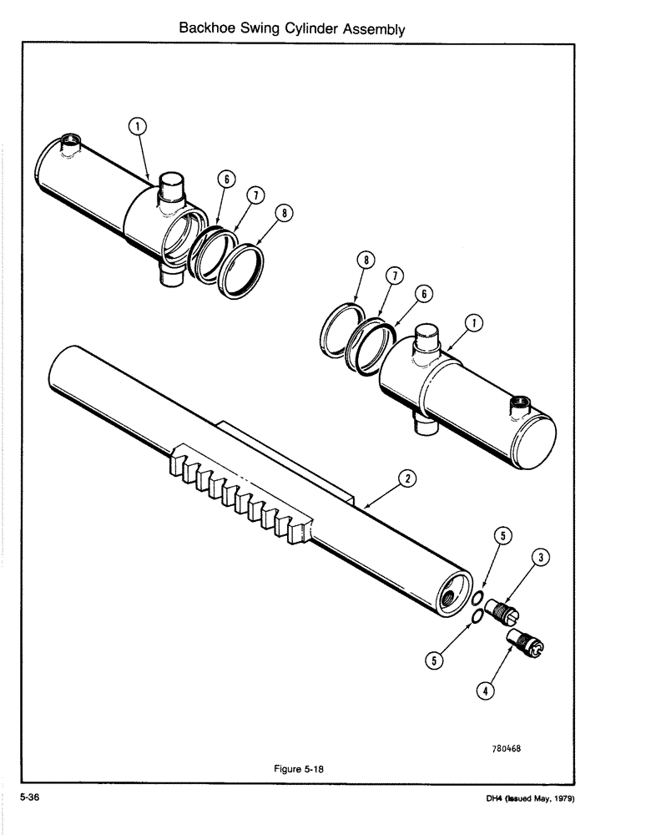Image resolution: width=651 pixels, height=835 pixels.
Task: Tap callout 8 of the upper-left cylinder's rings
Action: (285, 214)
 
